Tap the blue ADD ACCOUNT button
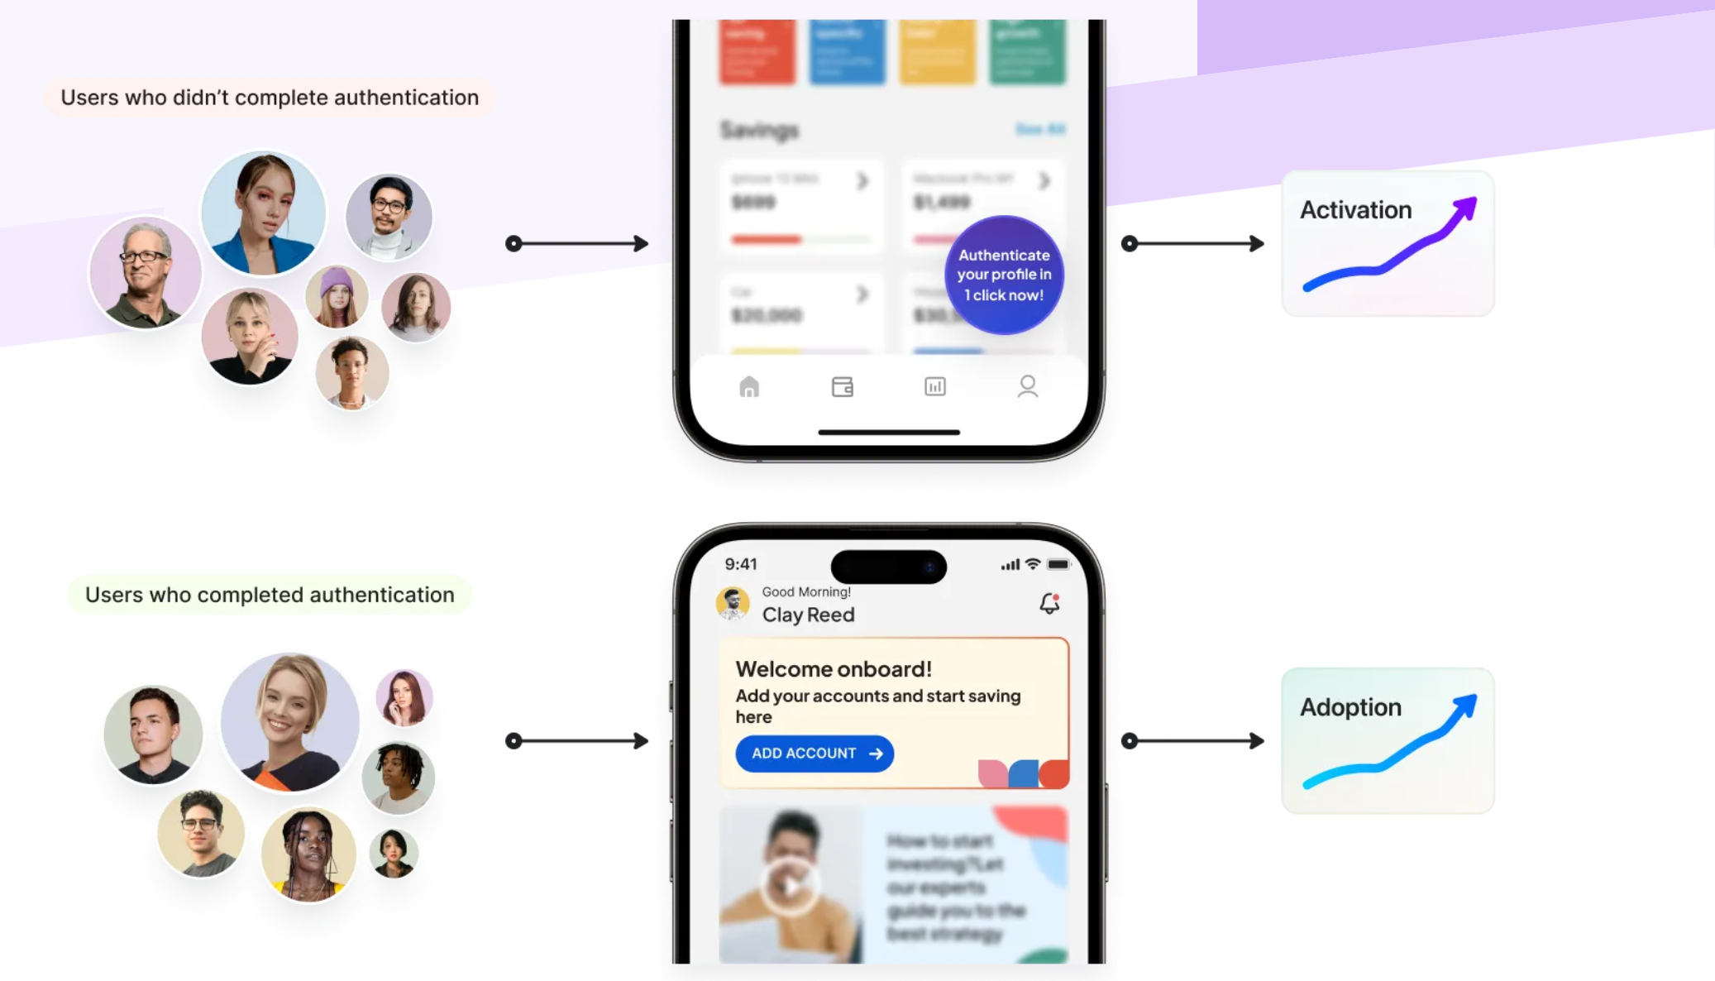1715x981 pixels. (x=814, y=754)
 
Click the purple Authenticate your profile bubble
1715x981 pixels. (x=1004, y=275)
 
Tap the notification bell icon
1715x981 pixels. (x=1049, y=604)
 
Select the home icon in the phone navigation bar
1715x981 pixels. (x=749, y=386)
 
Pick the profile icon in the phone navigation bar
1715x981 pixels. (x=1027, y=386)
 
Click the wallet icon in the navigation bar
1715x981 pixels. (x=842, y=386)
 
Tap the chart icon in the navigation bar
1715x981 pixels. (x=934, y=386)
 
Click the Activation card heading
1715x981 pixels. (x=1355, y=210)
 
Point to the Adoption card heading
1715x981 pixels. (x=1350, y=707)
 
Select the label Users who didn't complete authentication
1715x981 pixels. (x=270, y=98)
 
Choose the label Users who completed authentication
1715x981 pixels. (x=270, y=595)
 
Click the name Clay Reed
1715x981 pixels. (x=808, y=615)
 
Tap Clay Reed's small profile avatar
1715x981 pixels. (x=733, y=604)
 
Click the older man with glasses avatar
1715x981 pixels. (x=146, y=273)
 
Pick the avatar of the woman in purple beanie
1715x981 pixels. (x=337, y=296)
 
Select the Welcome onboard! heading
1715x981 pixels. (x=834, y=668)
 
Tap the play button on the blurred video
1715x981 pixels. (x=790, y=886)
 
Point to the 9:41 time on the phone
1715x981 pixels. (x=741, y=564)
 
